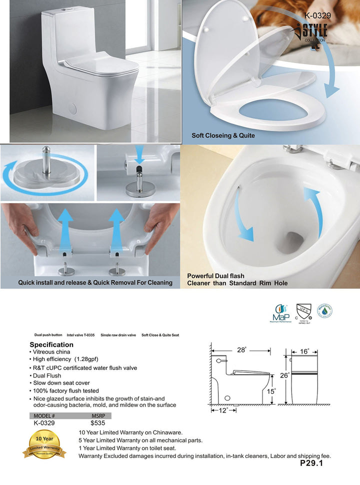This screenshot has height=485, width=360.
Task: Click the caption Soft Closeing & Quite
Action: pyautogui.click(x=223, y=135)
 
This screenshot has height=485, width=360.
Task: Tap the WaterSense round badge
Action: pyautogui.click(x=325, y=311)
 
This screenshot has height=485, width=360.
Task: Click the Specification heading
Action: pyautogui.click(x=51, y=344)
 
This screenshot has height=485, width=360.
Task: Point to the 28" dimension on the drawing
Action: pyautogui.click(x=241, y=350)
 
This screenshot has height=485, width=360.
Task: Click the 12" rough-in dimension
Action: pyautogui.click(x=222, y=410)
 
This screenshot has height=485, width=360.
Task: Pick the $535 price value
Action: pyautogui.click(x=97, y=423)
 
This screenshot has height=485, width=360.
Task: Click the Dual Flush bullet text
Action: pyautogui.click(x=46, y=375)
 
